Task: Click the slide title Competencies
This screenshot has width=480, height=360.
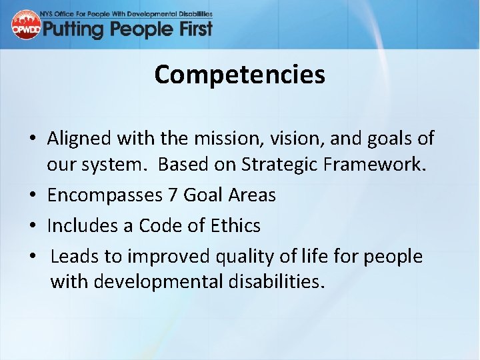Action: (x=239, y=75)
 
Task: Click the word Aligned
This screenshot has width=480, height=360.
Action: (x=80, y=139)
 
